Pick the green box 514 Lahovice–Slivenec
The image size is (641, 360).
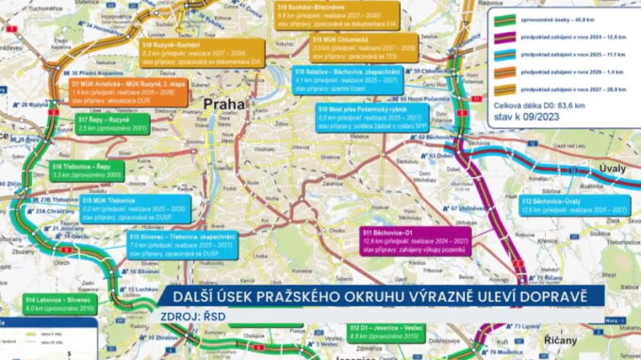pos(47,303)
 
